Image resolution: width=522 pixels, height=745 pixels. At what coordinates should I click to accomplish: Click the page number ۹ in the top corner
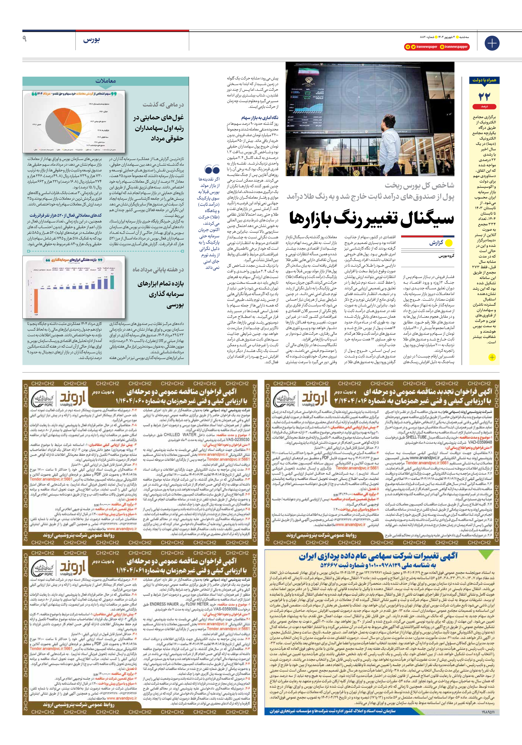(x=24, y=39)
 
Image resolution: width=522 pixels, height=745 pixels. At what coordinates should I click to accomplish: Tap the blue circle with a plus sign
(x=492, y=43)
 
